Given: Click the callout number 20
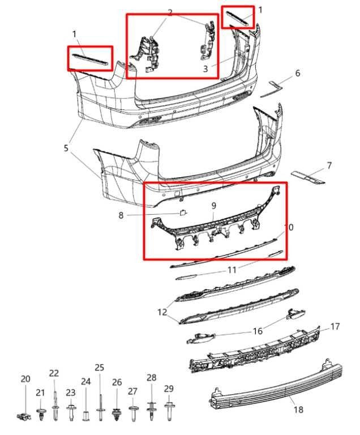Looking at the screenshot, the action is pyautogui.click(x=25, y=379).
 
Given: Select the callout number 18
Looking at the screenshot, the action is pyautogui.click(x=298, y=410).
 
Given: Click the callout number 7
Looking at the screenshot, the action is pyautogui.click(x=329, y=165).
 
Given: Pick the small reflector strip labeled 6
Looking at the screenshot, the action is pyautogui.click(x=271, y=89).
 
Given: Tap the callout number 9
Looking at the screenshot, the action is pyautogui.click(x=213, y=206).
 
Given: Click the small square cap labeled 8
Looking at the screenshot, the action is pyautogui.click(x=183, y=212).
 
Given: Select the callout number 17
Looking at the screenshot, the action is pyautogui.click(x=335, y=326).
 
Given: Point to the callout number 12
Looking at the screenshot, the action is pyautogui.click(x=162, y=312).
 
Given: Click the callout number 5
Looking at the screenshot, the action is pyautogui.click(x=66, y=148).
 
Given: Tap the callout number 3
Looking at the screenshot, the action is pyautogui.click(x=205, y=69).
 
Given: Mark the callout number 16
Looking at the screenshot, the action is pyautogui.click(x=258, y=331).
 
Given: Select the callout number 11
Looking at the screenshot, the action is pyautogui.click(x=232, y=270).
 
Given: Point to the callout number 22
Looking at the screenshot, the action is pyautogui.click(x=54, y=373).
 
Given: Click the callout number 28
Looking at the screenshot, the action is pyautogui.click(x=152, y=377).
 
